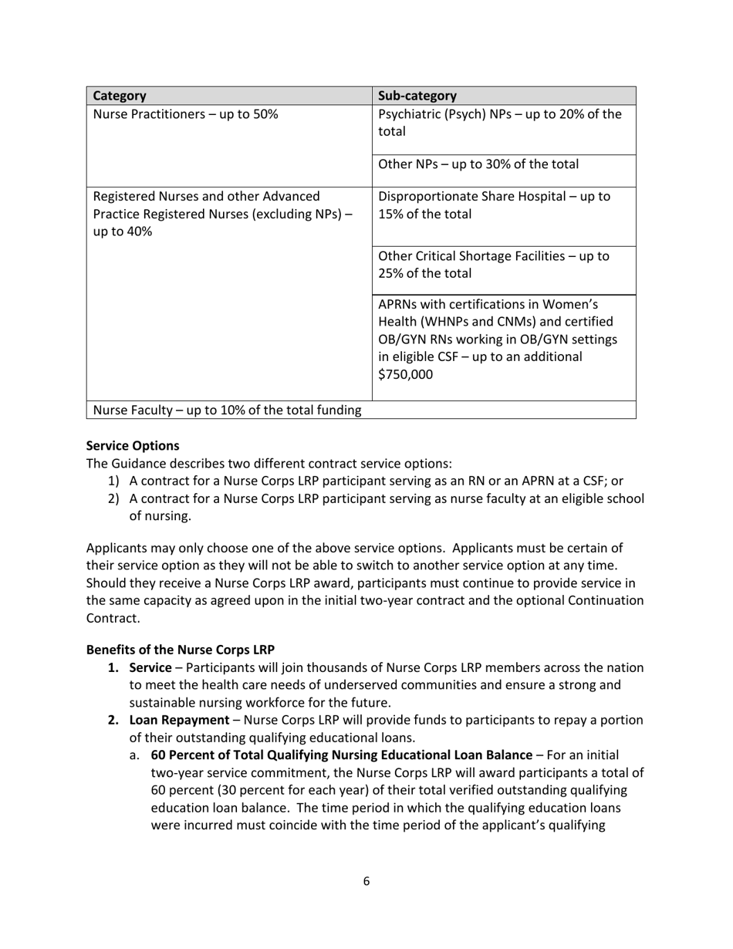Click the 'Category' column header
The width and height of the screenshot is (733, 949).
tap(120, 96)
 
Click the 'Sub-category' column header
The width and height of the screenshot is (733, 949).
tap(417, 96)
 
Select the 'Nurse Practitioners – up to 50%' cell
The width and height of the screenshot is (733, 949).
tap(185, 115)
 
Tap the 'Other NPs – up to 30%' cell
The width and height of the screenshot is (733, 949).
tap(478, 164)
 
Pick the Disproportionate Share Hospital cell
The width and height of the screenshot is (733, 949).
tap(494, 205)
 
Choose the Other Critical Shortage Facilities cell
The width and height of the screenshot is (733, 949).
tap(494, 264)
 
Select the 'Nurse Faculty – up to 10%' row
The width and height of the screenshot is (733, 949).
tap(227, 410)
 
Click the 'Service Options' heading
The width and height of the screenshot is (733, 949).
tap(132, 446)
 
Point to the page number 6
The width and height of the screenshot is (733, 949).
tap(366, 881)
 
